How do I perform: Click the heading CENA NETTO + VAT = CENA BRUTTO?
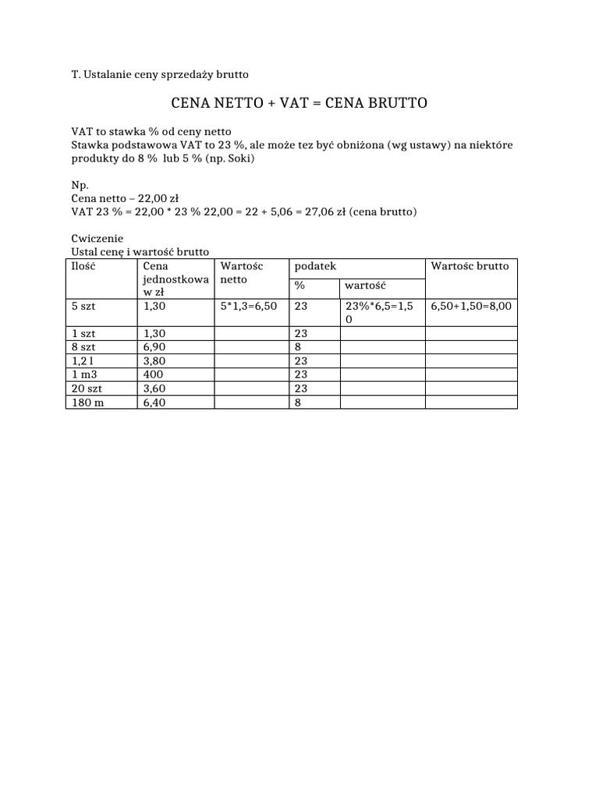pos(299,103)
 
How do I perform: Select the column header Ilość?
pos(83,266)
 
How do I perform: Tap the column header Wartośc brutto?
pos(470,266)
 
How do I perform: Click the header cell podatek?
pos(315,266)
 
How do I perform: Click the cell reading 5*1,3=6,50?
pos(249,307)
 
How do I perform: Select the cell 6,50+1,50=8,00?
pos(471,307)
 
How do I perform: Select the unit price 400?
pos(154,375)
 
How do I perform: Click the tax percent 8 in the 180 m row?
pos(299,403)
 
